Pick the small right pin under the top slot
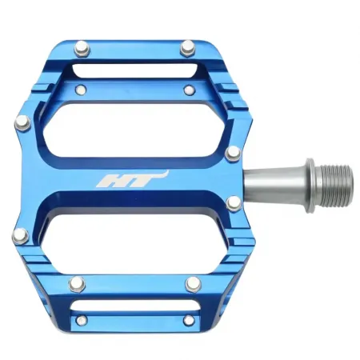coord(188,89)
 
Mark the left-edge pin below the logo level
coord(20,234)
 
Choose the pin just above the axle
coord(232,152)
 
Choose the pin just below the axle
coord(232,203)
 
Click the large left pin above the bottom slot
coord(77,282)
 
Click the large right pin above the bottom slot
coord(192,283)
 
